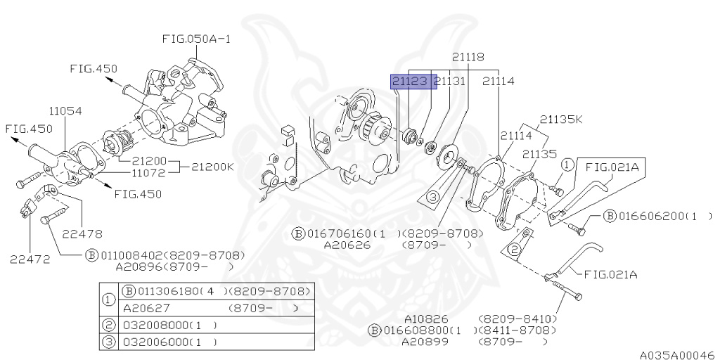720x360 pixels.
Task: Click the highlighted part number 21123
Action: tap(410, 82)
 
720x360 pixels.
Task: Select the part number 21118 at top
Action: tap(468, 56)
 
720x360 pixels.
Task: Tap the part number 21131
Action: tap(450, 82)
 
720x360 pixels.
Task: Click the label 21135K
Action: tap(561, 119)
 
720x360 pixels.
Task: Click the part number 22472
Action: tap(30, 258)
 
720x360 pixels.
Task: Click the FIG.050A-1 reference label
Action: tap(196, 39)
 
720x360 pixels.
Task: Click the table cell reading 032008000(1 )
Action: tap(169, 326)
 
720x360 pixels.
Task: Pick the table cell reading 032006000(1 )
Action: tap(169, 342)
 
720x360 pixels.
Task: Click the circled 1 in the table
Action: tap(109, 300)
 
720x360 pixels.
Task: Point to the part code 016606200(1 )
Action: tap(662, 216)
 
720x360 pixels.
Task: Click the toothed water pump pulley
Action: tap(378, 130)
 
